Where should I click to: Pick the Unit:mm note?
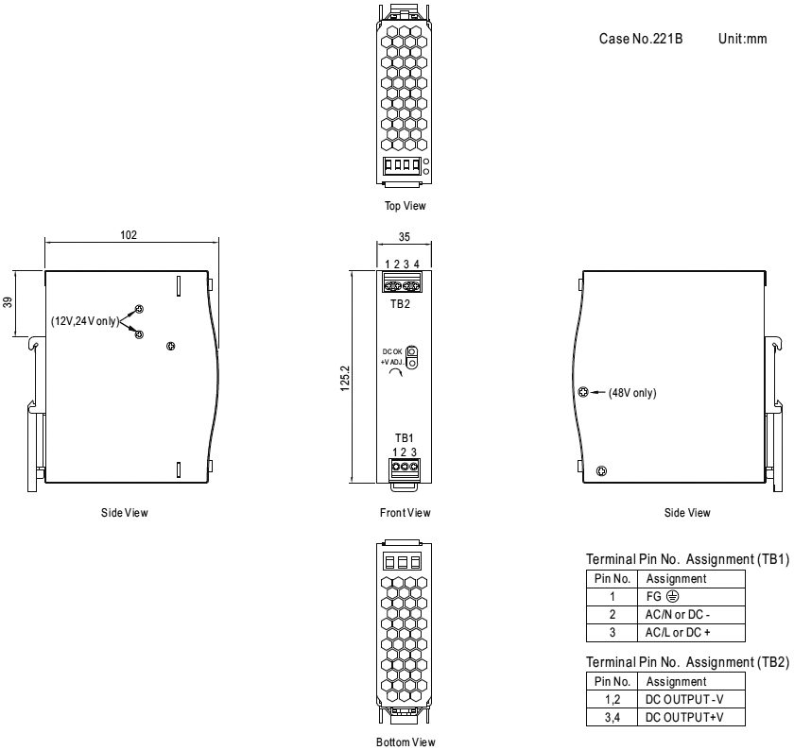point(742,42)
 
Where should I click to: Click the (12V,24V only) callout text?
point(84,321)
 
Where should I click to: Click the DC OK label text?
point(393,351)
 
